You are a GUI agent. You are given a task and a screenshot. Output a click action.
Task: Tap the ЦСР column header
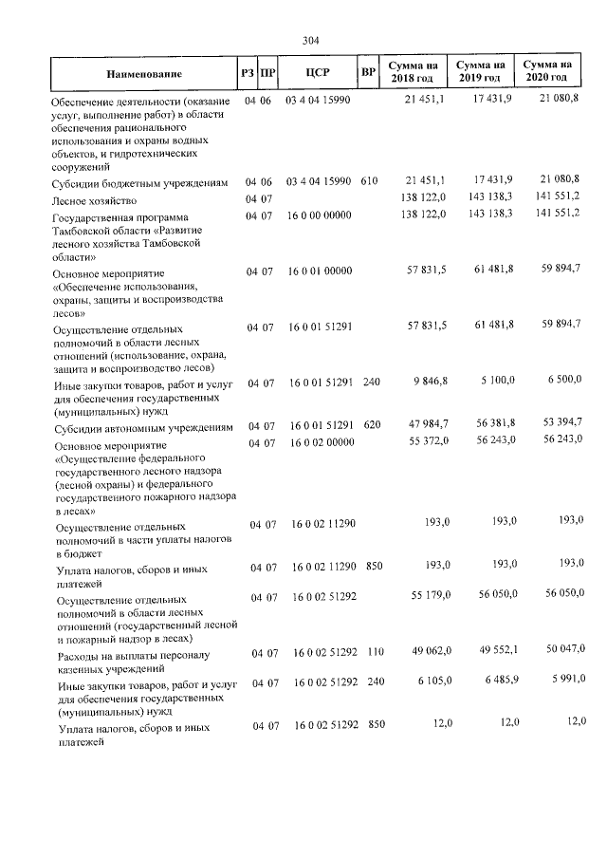(318, 71)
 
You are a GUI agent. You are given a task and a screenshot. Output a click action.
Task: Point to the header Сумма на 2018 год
(413, 70)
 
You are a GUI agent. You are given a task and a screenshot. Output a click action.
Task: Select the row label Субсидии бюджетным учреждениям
(139, 182)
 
